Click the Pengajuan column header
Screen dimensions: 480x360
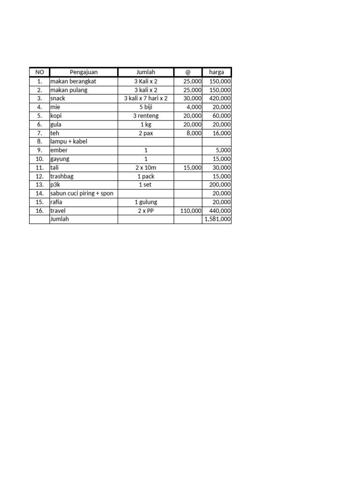click(x=83, y=72)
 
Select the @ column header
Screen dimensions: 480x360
click(x=188, y=72)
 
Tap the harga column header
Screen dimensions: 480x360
click(x=217, y=72)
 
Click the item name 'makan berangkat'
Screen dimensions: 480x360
click(x=73, y=81)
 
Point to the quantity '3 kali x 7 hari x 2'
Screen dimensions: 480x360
click(x=146, y=98)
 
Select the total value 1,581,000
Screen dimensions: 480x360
click(x=217, y=219)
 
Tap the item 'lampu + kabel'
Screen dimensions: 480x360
click(x=68, y=142)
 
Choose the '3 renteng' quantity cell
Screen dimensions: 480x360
click(x=146, y=116)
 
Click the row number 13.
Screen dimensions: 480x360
click(x=39, y=185)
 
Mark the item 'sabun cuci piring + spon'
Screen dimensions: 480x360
click(x=82, y=193)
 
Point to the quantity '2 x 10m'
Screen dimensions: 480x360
click(x=146, y=167)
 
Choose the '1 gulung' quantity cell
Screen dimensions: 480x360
click(x=146, y=202)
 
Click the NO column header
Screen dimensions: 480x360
click(x=39, y=72)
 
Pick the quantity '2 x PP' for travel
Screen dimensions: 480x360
click(x=146, y=211)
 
